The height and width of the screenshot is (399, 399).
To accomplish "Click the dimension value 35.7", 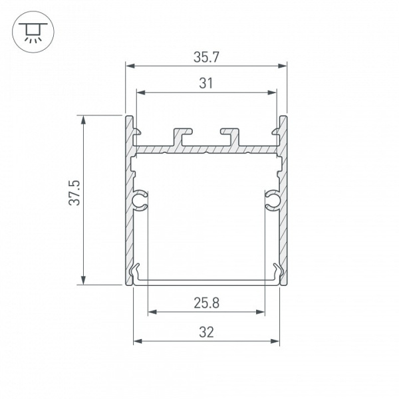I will pos(206,57).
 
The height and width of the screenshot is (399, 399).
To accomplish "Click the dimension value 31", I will pos(206,83).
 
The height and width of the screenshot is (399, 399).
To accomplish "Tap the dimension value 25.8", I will pos(206,303).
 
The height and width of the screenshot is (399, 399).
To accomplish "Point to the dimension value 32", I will pos(206,332).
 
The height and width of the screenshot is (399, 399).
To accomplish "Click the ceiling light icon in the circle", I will pos(31,31).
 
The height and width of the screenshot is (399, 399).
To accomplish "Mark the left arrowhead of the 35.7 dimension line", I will pos(129,65).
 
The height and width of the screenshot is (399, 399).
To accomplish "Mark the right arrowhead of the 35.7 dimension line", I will pos(283,65).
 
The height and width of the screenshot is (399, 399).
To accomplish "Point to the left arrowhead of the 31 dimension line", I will pos(140,92).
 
